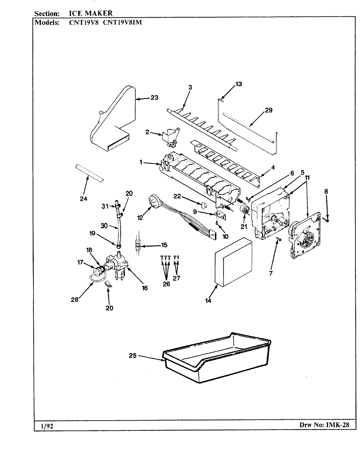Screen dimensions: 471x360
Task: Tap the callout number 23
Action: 154,97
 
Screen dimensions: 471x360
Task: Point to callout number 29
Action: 268,110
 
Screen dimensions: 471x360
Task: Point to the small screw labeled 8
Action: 327,219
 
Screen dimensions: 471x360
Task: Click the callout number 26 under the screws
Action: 166,284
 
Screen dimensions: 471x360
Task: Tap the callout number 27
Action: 177,278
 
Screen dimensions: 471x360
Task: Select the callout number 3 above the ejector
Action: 190,87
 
